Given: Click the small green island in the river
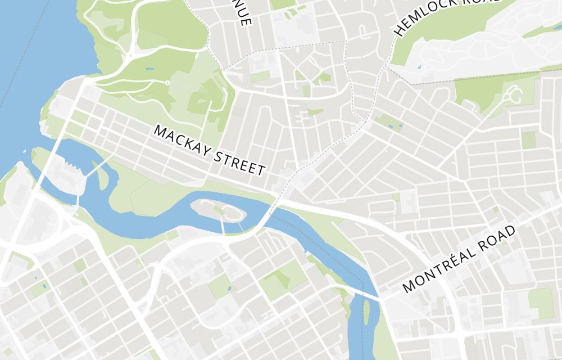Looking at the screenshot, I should click(x=366, y=312).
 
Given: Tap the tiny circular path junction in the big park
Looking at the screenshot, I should click(x=167, y=83).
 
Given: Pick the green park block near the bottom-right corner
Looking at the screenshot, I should click(x=541, y=303).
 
